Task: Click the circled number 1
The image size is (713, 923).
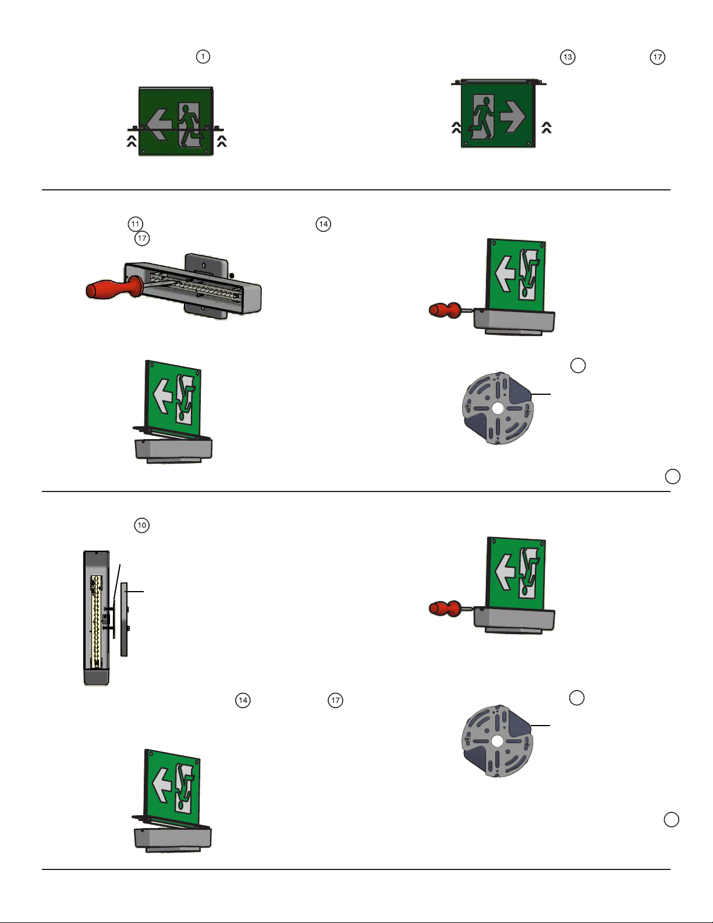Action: coord(203,56)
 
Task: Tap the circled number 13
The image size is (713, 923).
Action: coord(567,57)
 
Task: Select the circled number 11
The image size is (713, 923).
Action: coord(136,224)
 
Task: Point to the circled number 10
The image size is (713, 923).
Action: coord(142,525)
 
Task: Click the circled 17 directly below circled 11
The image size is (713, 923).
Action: coord(142,238)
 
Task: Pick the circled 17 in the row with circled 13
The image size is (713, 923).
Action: coord(657,57)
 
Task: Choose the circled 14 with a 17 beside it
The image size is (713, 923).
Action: coord(243,700)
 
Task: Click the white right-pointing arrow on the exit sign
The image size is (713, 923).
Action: coord(513,116)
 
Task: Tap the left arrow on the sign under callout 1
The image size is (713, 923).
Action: coord(159,124)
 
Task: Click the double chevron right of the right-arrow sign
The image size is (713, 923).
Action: coord(547,128)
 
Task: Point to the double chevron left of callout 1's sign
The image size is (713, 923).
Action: coord(132,142)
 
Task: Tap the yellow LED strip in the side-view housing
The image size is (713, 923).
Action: coord(97,621)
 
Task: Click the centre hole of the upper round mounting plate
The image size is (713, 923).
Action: coord(498,409)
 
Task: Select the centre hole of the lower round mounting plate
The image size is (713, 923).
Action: coord(497,741)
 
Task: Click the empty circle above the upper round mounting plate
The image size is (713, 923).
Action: coord(577,365)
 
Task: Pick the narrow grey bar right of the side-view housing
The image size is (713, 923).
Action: coord(124,619)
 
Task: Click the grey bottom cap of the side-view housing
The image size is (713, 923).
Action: coord(97,677)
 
